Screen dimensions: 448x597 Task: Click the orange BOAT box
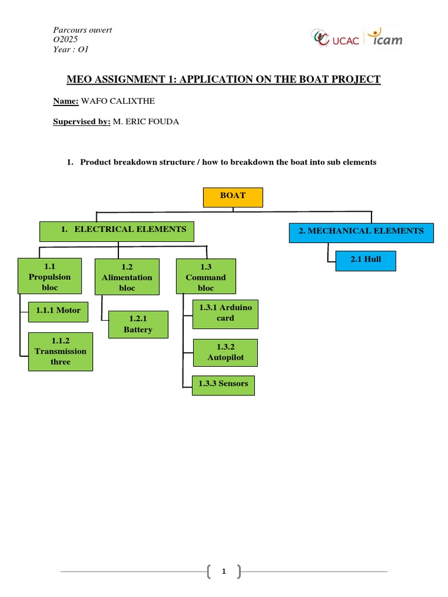coord(233,196)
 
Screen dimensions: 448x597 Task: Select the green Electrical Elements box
coord(116,231)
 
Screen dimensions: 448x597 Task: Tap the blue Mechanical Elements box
coord(361,232)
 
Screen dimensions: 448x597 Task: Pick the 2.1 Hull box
coord(366,260)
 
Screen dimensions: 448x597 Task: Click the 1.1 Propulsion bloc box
coord(50,277)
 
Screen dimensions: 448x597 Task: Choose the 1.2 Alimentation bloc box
coord(127,277)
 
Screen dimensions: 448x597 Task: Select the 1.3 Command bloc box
coord(205,277)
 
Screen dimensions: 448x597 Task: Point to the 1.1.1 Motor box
coord(58,311)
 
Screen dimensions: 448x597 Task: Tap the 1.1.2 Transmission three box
coord(60,352)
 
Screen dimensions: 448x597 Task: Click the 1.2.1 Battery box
coord(138,325)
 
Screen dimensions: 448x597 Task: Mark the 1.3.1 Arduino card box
coord(225,313)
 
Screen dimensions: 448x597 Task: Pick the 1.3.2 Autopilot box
coord(225,353)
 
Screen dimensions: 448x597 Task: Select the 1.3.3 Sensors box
coord(223,384)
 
